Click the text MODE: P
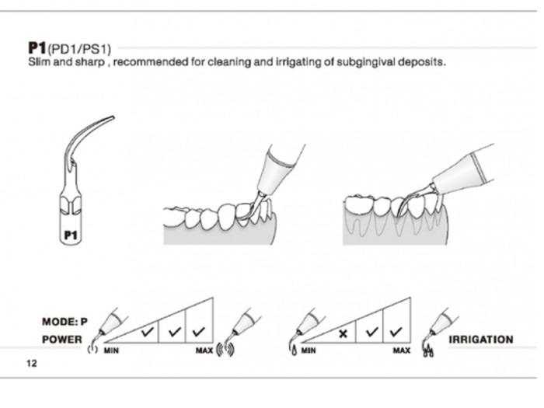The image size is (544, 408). pos(65,321)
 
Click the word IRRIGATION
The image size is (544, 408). pos(481,340)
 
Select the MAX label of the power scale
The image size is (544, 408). pos(204,351)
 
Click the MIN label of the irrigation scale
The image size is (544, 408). pos(309,351)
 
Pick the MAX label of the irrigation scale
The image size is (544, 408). pos(402,351)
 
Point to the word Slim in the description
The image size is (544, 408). pos(37,61)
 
